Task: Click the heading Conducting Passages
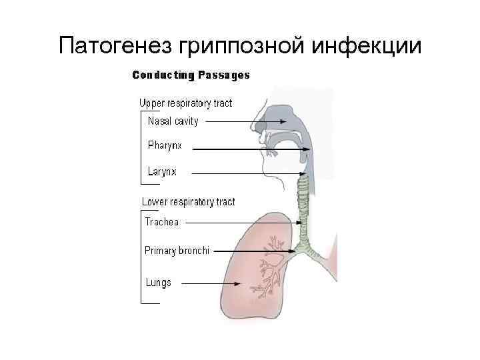[x=191, y=75]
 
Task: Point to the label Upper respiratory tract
[x=185, y=103]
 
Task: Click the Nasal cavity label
[x=173, y=121]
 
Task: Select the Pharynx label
[x=165, y=145]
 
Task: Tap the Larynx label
[x=162, y=171]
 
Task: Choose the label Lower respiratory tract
[x=188, y=202]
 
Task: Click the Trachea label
[x=162, y=222]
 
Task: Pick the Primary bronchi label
[x=177, y=251]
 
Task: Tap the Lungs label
[x=159, y=282]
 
